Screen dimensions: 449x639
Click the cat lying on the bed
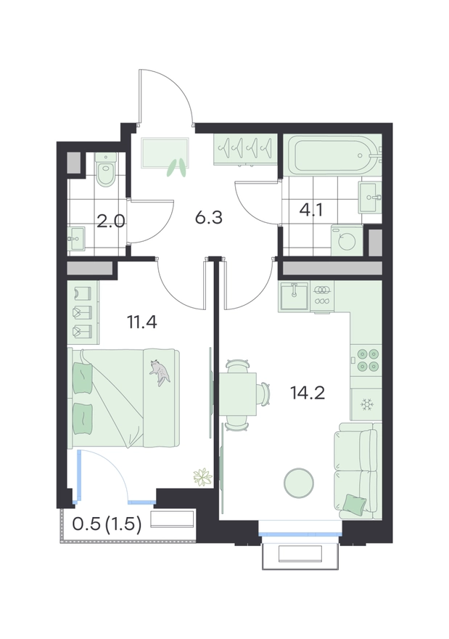pos(159,372)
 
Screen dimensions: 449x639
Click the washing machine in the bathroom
pos(347,240)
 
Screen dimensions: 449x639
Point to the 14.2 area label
pos(308,394)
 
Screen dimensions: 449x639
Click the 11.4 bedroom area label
pos(142,322)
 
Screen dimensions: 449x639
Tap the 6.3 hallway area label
pos(208,218)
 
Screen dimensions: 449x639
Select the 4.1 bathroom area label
pos(311,210)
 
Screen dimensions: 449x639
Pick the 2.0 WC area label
pos(111,221)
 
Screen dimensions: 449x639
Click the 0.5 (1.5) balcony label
pos(107,524)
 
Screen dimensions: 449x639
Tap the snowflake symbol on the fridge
pos(366,404)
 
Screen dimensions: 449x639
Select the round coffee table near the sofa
pos(299,482)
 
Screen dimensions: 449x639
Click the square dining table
pos(238,394)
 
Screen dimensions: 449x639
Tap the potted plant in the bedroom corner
pos(202,477)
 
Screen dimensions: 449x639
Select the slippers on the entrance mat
pos(177,167)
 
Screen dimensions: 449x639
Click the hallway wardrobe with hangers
pos(245,149)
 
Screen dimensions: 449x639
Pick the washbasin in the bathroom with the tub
pos(370,198)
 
